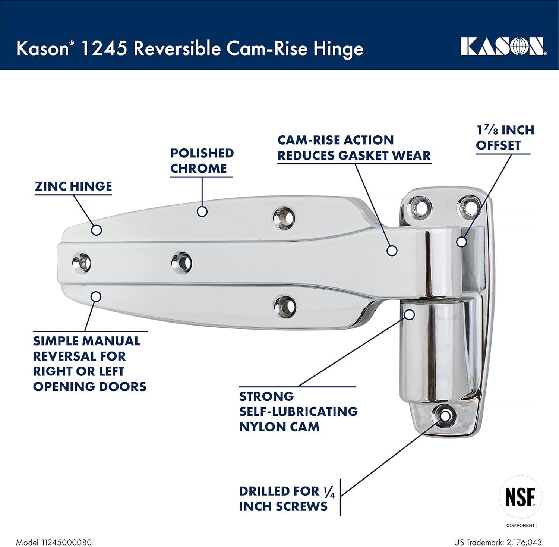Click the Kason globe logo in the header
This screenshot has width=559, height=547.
(x=503, y=47)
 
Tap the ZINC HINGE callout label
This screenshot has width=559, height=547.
(x=73, y=186)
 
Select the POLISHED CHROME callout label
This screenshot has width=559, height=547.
(x=202, y=161)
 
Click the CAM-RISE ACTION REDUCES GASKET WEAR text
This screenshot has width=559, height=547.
(x=354, y=148)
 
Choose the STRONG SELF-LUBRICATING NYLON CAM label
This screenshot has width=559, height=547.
(x=298, y=411)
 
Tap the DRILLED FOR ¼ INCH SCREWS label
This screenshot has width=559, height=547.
(x=286, y=499)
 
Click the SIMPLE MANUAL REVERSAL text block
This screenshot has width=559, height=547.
(x=89, y=364)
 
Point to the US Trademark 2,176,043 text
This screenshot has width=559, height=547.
(x=498, y=542)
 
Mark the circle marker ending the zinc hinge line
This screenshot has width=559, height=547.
(x=97, y=230)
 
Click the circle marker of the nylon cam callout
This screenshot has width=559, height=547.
(x=410, y=314)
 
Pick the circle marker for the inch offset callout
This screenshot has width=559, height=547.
(x=461, y=242)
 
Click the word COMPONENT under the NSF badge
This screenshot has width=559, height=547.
(x=520, y=525)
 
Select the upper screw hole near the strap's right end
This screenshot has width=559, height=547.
(x=284, y=217)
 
